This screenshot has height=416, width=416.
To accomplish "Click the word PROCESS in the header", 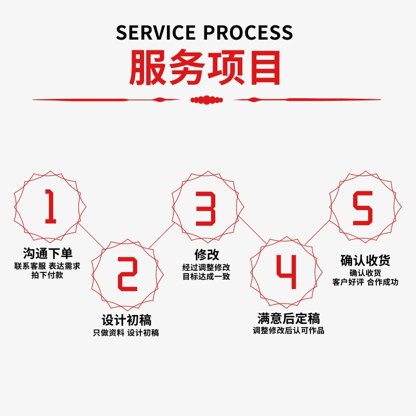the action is pyautogui.click(x=248, y=32).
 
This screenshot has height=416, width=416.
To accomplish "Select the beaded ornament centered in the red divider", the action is pyautogui.click(x=207, y=99).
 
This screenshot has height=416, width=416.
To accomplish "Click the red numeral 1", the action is pyautogui.click(x=50, y=206).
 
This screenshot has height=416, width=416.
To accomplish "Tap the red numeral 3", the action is pyautogui.click(x=205, y=208).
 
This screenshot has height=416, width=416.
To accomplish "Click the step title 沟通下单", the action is pyautogui.click(x=47, y=254).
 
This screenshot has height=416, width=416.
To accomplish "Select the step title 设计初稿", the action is pyautogui.click(x=126, y=320).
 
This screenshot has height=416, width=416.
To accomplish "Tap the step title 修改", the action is pyautogui.click(x=206, y=255).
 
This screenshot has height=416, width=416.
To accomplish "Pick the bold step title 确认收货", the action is pyautogui.click(x=365, y=260).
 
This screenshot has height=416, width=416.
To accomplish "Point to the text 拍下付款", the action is pyautogui.click(x=47, y=275).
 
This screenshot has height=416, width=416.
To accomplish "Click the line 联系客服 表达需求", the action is pyautogui.click(x=47, y=266).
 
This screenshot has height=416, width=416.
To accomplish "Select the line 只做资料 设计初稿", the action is pyautogui.click(x=126, y=333).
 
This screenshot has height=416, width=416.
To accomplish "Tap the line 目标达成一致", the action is pyautogui.click(x=206, y=276).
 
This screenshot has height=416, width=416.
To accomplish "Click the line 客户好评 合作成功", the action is pyautogui.click(x=365, y=282).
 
